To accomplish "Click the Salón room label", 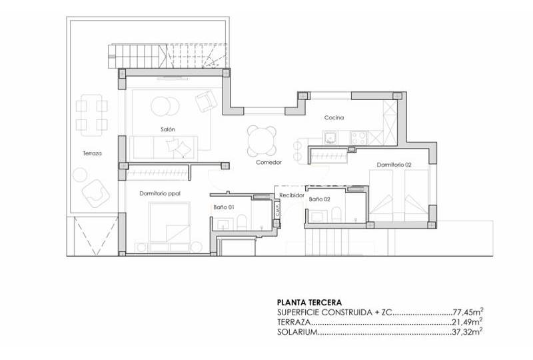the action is click(168, 129).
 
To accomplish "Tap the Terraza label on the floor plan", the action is click(92, 153).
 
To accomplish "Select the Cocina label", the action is click(334, 118).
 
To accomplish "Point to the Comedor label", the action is click(268, 162).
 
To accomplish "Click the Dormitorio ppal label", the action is click(160, 193).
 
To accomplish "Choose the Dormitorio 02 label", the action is click(394, 165).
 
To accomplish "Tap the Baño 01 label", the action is click(224, 207).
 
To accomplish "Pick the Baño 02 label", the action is click(319, 199).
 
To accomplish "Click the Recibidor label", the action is click(291, 195).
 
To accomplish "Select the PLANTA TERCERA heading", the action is click(309, 302).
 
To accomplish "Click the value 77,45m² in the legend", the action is click(468, 312).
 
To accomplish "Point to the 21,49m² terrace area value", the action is click(468, 321).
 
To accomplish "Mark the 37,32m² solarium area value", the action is click(468, 331).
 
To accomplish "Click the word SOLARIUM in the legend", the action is click(297, 332).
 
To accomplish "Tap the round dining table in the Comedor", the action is click(261, 141).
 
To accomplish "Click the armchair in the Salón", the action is click(206, 101).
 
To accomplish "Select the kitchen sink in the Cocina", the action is click(330, 138).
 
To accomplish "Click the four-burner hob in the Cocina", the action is click(358, 138).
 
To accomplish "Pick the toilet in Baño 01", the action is click(242, 221).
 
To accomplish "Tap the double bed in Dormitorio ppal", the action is click(169, 222).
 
